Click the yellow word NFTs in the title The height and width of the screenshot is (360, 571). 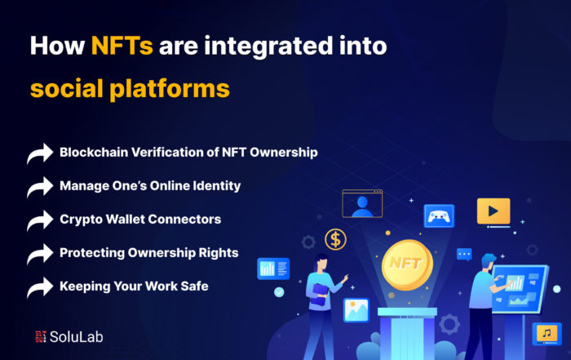click(122, 46)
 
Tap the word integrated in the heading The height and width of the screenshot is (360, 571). click(268, 47)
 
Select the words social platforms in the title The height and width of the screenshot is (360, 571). click(130, 89)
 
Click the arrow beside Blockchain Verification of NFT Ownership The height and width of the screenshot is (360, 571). click(40, 153)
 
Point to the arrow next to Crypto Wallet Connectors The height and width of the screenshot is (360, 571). click(40, 220)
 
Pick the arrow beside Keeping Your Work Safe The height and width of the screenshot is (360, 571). click(40, 287)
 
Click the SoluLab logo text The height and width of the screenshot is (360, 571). click(77, 336)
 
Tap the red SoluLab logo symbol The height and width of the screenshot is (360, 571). click(41, 336)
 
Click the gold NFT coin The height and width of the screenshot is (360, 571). click(407, 265)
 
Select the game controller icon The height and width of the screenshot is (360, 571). click(439, 216)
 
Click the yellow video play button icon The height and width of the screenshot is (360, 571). click(494, 211)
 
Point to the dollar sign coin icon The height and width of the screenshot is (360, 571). click(335, 239)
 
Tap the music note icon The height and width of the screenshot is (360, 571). click(547, 333)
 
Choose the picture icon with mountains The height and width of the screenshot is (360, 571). click(356, 310)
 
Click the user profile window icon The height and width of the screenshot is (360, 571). click(362, 203)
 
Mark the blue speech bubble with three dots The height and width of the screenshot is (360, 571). click(464, 255)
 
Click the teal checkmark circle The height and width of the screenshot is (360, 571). click(279, 292)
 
